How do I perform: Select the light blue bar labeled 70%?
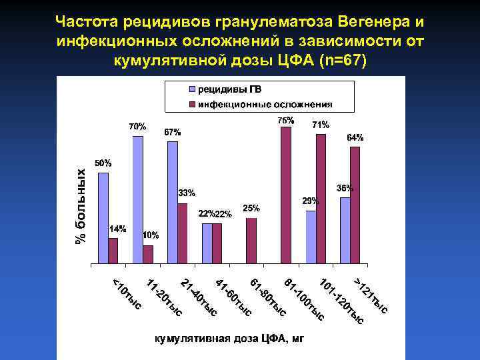pos(138,200)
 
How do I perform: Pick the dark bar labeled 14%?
pos(113,251)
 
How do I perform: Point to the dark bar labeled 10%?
pos(148,254)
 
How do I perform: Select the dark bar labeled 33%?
pos(183,233)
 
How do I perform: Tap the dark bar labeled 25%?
pos(251,241)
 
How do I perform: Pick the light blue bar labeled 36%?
pos(345,230)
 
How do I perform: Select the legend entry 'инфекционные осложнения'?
pos(259,105)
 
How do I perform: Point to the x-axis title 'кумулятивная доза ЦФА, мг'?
pos(229,339)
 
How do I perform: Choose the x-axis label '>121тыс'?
pos(371,294)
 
